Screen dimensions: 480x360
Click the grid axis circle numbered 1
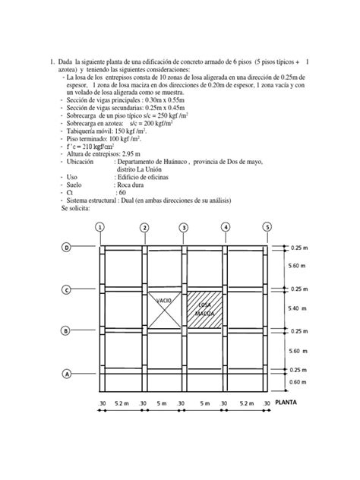(101, 227)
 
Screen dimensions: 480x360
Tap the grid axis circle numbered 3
(184, 227)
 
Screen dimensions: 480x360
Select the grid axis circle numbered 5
(267, 227)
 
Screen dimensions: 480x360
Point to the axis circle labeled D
(67, 248)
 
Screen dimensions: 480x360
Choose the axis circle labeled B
(67, 331)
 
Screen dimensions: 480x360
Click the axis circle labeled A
(67, 374)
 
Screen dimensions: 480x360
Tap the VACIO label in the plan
(164, 302)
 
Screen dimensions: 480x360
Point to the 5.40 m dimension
(295, 310)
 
